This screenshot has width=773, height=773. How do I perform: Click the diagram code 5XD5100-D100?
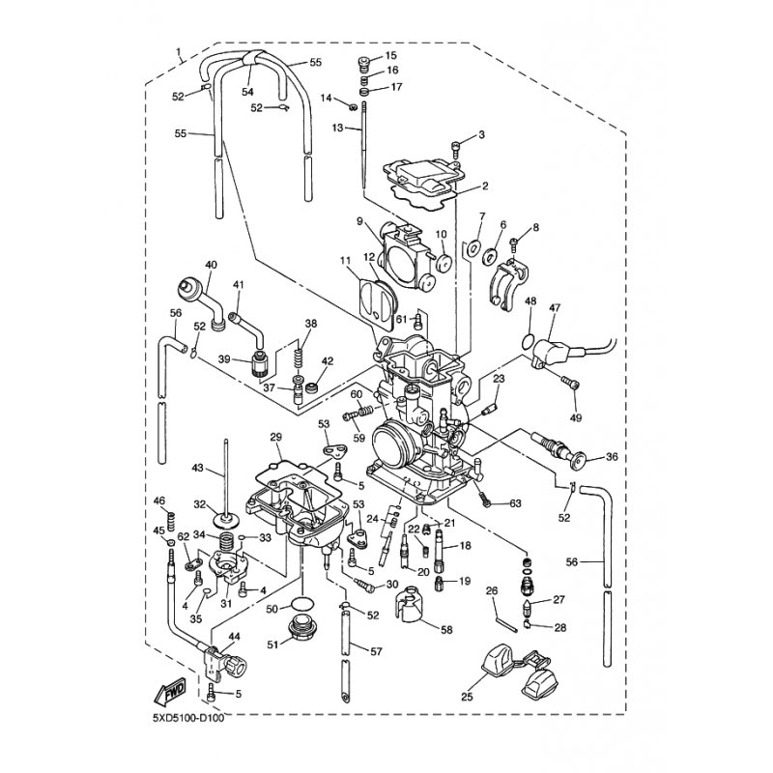tap(188, 717)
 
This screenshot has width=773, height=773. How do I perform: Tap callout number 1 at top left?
tap(179, 51)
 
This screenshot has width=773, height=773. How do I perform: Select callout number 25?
tap(467, 696)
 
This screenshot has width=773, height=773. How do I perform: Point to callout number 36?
tap(612, 456)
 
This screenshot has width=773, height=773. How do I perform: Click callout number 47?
tap(555, 307)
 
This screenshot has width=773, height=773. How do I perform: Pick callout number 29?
tap(275, 437)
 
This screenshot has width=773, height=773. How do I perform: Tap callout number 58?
tap(446, 630)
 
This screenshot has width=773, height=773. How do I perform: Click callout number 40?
tap(211, 265)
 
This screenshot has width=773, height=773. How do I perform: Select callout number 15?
tap(391, 55)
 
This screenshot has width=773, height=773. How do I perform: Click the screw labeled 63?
tap(485, 497)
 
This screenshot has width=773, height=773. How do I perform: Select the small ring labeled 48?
tap(528, 340)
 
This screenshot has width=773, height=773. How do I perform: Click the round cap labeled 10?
tap(442, 264)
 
